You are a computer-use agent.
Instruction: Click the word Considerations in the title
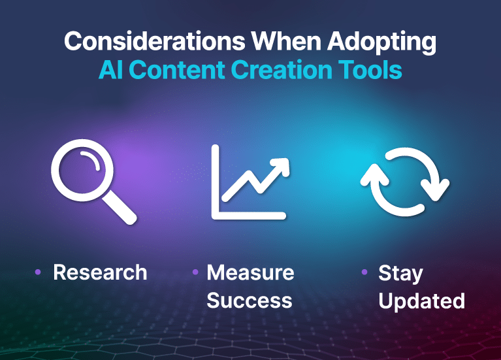[x=154, y=41]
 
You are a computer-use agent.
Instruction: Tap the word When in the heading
[x=286, y=41]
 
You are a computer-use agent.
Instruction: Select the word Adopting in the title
[x=381, y=43]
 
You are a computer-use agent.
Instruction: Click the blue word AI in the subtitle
[x=110, y=70]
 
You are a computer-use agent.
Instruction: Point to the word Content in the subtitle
[x=177, y=70]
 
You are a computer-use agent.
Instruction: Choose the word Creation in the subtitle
[x=282, y=70]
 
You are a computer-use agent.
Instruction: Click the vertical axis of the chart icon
[x=216, y=182]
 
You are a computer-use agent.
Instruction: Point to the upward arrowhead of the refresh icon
[x=375, y=175]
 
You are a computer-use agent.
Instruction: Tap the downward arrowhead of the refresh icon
[x=435, y=190]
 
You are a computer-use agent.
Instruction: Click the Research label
[x=100, y=272]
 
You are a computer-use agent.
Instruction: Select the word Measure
[x=250, y=272]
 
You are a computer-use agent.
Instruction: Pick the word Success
[x=250, y=301]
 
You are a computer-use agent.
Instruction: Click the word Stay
[x=400, y=274]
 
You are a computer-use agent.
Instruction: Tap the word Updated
[x=421, y=301]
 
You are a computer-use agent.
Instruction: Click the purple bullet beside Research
[x=38, y=272]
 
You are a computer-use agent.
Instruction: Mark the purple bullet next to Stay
[x=364, y=272]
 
